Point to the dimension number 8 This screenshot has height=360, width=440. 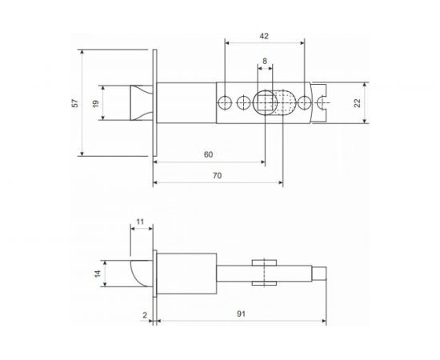point(264,61)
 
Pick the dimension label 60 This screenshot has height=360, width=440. point(208,154)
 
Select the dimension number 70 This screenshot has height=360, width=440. point(216,174)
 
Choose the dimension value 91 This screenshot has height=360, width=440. point(240,314)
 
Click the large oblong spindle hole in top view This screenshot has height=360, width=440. point(266,102)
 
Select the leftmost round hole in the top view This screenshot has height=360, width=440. point(226,102)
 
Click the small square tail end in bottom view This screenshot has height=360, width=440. point(318,273)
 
